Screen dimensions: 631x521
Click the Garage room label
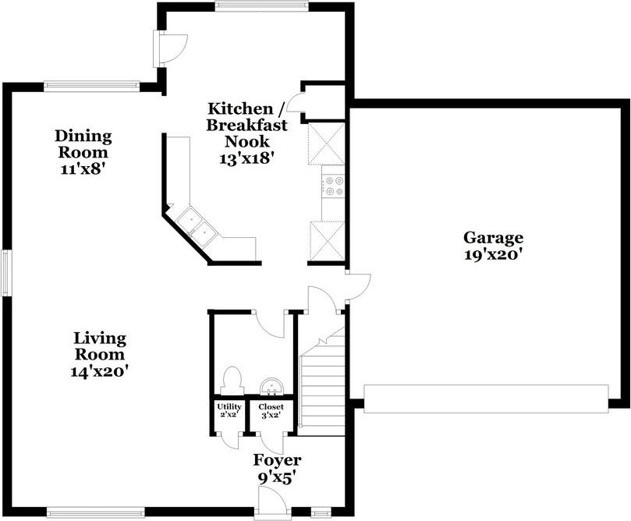[494, 238]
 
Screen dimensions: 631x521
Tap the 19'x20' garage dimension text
[494, 255]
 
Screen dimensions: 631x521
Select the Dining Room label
[83, 144]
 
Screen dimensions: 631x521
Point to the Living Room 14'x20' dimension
[99, 371]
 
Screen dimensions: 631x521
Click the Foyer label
[277, 460]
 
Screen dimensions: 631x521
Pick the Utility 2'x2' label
[229, 410]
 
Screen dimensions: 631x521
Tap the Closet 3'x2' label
[271, 410]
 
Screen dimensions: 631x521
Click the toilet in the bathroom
[232, 380]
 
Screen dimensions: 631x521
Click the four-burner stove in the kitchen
[333, 186]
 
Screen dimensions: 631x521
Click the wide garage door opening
[486, 399]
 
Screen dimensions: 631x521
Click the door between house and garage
[358, 286]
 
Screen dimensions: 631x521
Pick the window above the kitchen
[261, 5]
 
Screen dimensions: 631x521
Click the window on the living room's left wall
[6, 273]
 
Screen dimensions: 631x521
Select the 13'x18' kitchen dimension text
[247, 158]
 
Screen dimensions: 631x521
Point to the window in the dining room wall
[92, 85]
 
